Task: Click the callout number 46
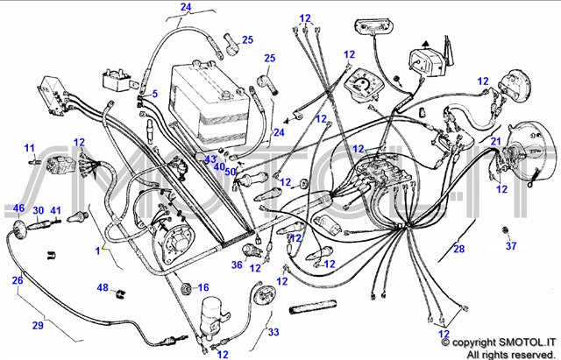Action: pyautogui.click(x=19, y=208)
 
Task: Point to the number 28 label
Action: pyautogui.click(x=458, y=250)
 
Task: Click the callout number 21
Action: pyautogui.click(x=495, y=142)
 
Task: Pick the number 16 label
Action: pyautogui.click(x=203, y=287)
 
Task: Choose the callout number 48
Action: pyautogui.click(x=103, y=288)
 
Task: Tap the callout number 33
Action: pyautogui.click(x=273, y=333)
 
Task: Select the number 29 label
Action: pyautogui.click(x=38, y=325)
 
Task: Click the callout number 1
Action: pyautogui.click(x=99, y=251)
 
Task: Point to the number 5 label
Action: pyautogui.click(x=153, y=94)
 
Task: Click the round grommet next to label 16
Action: pyautogui.click(x=184, y=288)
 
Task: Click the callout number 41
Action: pyautogui.click(x=55, y=210)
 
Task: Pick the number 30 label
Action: pyautogui.click(x=39, y=210)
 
